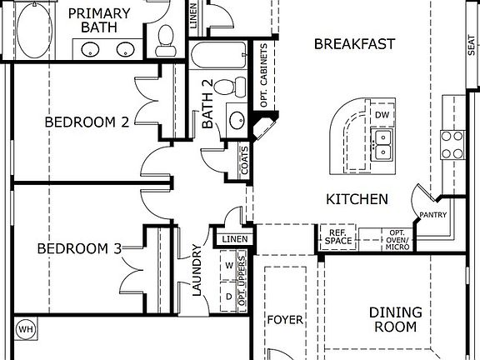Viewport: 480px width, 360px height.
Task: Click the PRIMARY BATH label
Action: click(x=98, y=20)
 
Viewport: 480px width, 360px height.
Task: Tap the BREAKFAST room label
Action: click(x=354, y=44)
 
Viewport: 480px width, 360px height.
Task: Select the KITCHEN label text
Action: click(x=356, y=199)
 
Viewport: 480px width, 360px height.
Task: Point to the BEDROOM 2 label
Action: click(x=87, y=122)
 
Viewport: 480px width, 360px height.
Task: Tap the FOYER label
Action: click(x=285, y=320)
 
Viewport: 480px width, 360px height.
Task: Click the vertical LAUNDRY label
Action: click(x=197, y=270)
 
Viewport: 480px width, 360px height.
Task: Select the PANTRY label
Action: click(x=433, y=215)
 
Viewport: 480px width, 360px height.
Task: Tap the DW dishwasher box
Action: click(x=382, y=114)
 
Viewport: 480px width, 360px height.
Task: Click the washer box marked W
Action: click(x=228, y=266)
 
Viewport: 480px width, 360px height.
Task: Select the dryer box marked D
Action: click(x=228, y=295)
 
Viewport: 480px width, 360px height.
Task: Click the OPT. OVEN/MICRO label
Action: click(x=396, y=238)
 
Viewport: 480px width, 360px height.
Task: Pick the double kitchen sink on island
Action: click(x=383, y=143)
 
